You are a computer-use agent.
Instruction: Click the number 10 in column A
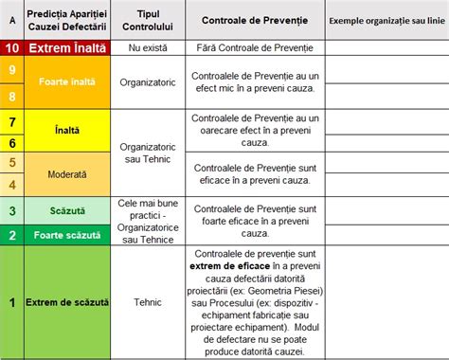click(x=12, y=46)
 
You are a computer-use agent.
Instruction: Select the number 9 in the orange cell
click(x=12, y=69)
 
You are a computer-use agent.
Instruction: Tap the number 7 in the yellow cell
click(x=12, y=121)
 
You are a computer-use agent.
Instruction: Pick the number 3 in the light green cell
click(x=12, y=210)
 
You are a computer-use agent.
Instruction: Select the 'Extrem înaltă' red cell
click(x=67, y=46)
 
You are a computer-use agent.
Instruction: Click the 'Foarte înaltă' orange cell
click(x=67, y=82)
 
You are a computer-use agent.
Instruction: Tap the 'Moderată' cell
click(x=67, y=174)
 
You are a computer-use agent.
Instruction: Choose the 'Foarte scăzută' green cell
click(x=67, y=234)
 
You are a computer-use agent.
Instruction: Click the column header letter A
click(x=12, y=20)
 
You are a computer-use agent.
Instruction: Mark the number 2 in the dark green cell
click(x=12, y=234)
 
